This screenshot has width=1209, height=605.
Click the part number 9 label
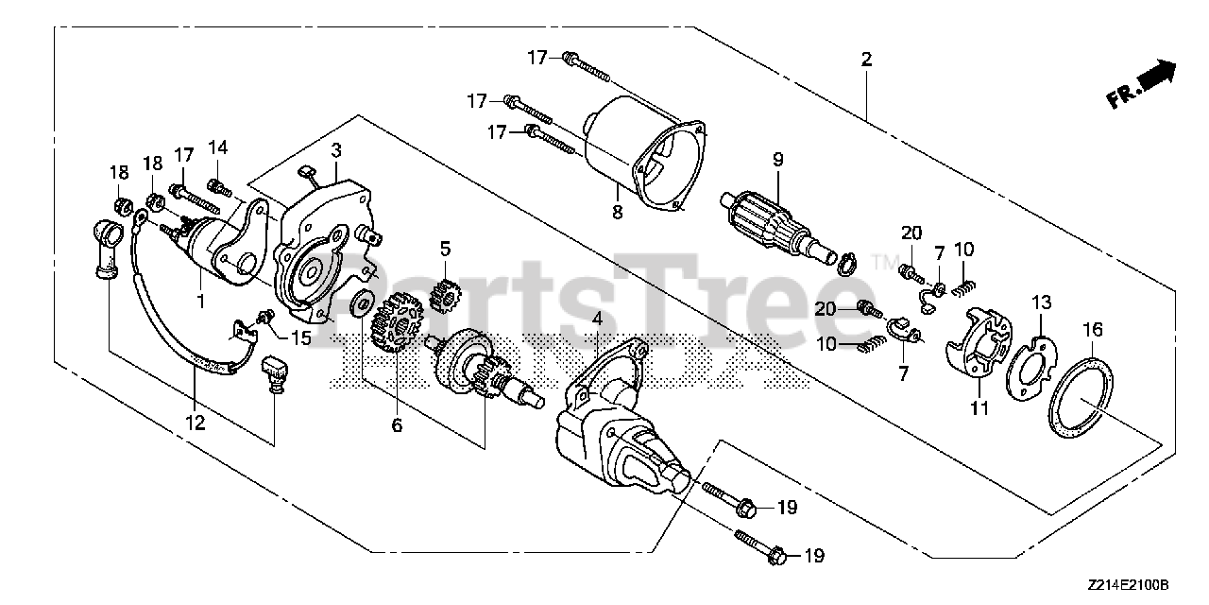[x=777, y=160]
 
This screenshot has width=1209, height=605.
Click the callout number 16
[x=1092, y=329]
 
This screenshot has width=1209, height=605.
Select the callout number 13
[x=1040, y=302]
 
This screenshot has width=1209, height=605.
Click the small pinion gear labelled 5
[x=442, y=289]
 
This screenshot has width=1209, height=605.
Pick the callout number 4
[x=597, y=320]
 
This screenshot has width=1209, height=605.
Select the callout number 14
[x=218, y=147]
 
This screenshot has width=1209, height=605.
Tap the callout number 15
[x=300, y=337]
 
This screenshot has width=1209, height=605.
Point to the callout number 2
[x=866, y=59]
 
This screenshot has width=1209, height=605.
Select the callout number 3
[x=336, y=149]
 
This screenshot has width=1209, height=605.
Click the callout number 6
[x=397, y=425]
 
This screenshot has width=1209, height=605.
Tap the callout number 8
[x=617, y=212]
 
